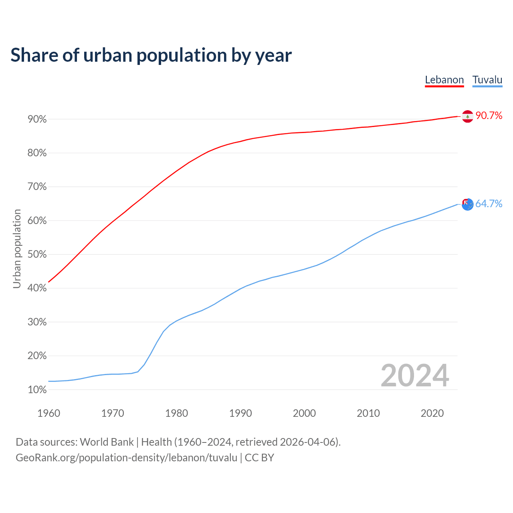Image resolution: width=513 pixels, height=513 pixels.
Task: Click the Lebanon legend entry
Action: click(x=444, y=80)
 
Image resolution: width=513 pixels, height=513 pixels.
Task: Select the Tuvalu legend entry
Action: click(x=487, y=80)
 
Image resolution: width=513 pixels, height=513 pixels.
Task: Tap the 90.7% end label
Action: click(x=489, y=116)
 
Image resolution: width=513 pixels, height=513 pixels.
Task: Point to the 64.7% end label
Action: click(x=489, y=204)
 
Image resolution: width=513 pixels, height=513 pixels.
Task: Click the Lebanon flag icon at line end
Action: click(x=467, y=116)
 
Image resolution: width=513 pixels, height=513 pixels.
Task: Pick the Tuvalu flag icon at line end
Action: click(x=467, y=204)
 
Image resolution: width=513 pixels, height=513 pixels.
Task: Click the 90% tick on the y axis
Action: click(x=37, y=119)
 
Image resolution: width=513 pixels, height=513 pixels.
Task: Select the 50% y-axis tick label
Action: click(x=37, y=254)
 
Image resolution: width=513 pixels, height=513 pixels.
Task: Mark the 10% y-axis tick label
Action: click(x=37, y=390)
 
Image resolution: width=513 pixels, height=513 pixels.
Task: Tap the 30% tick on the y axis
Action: click(x=37, y=322)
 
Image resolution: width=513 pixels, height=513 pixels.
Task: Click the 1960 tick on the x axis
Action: click(x=48, y=413)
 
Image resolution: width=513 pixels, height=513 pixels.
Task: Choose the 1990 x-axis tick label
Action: click(x=240, y=413)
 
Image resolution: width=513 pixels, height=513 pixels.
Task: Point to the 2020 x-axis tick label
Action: click(x=432, y=413)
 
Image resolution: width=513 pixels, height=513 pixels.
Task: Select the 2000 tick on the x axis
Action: click(x=304, y=413)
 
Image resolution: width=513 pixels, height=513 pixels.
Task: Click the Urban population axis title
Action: click(x=17, y=248)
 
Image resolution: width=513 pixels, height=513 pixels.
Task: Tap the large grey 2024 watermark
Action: click(x=415, y=376)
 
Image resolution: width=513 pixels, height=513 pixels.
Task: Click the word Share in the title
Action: click(x=34, y=55)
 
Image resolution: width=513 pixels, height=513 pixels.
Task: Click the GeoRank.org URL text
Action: click(x=126, y=458)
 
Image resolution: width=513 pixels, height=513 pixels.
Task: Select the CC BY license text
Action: click(x=259, y=458)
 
